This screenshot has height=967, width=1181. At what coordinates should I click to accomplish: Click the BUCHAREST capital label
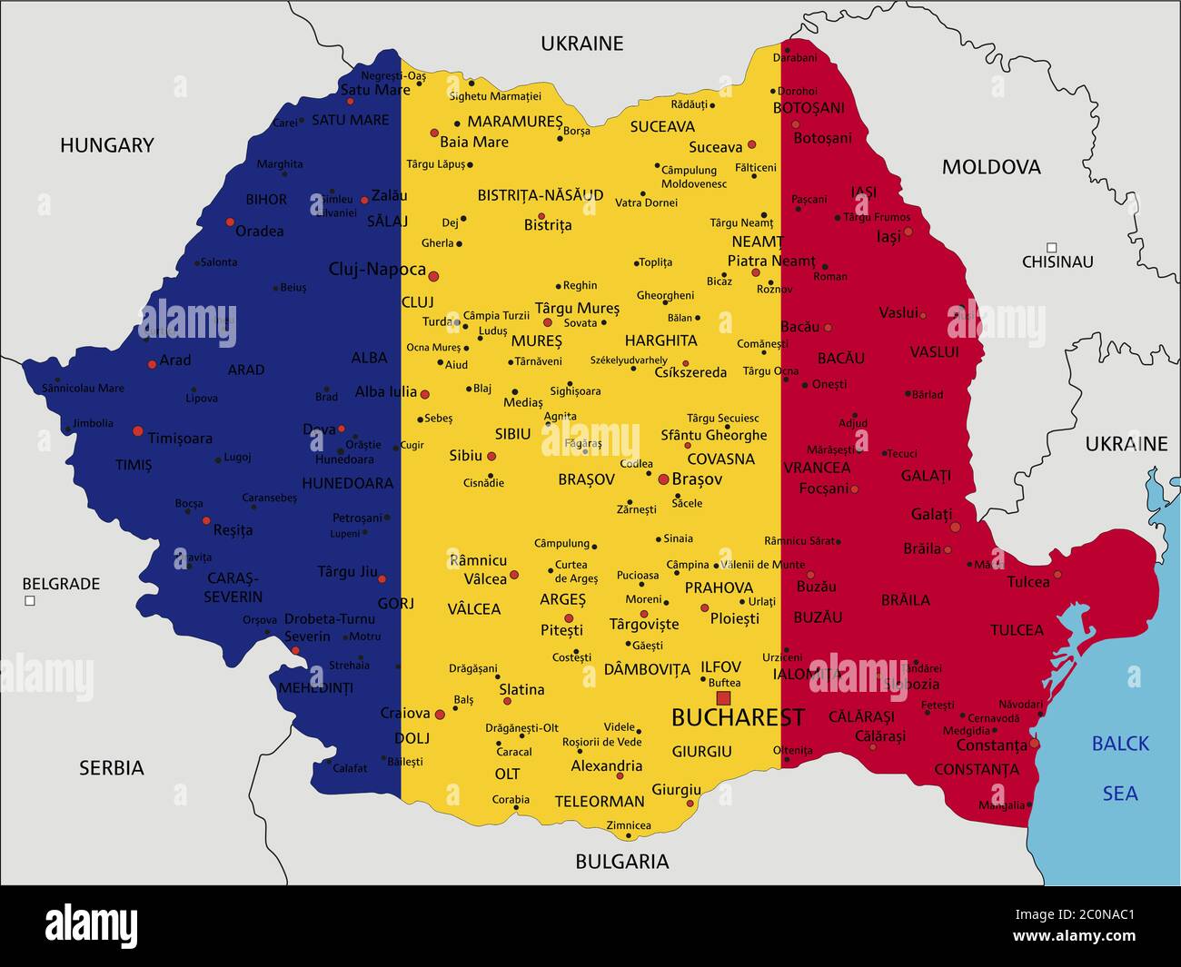[x=738, y=717]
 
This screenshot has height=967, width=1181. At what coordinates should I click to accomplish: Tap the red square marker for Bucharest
[x=723, y=697]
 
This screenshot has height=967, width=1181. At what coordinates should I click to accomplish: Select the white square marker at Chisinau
[x=1051, y=247]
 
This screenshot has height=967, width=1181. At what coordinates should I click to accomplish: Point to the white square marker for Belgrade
[x=30, y=601]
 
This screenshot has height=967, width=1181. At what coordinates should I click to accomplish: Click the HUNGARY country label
[x=107, y=145]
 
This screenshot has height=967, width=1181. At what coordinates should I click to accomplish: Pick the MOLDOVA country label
[x=991, y=167]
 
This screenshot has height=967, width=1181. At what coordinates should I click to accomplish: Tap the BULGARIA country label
[x=622, y=862]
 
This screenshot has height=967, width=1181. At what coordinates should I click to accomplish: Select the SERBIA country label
[x=112, y=768]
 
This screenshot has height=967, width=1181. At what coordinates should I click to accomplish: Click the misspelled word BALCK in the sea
[x=1120, y=744]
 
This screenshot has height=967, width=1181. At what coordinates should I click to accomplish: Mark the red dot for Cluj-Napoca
[x=433, y=276]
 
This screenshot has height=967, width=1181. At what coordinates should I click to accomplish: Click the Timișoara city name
[x=180, y=439]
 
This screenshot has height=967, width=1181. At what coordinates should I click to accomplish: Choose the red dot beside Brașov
[x=663, y=479]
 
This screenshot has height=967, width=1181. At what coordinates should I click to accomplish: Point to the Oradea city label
[x=260, y=232]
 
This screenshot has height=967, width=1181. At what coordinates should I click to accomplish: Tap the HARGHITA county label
[x=661, y=341]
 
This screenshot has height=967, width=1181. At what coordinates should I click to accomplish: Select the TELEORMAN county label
[x=600, y=802]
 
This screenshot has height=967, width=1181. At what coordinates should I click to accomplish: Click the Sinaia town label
[x=678, y=538]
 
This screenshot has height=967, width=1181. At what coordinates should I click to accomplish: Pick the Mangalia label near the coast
[x=1001, y=805]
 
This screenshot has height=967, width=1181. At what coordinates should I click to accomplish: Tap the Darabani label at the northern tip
[x=795, y=58]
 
